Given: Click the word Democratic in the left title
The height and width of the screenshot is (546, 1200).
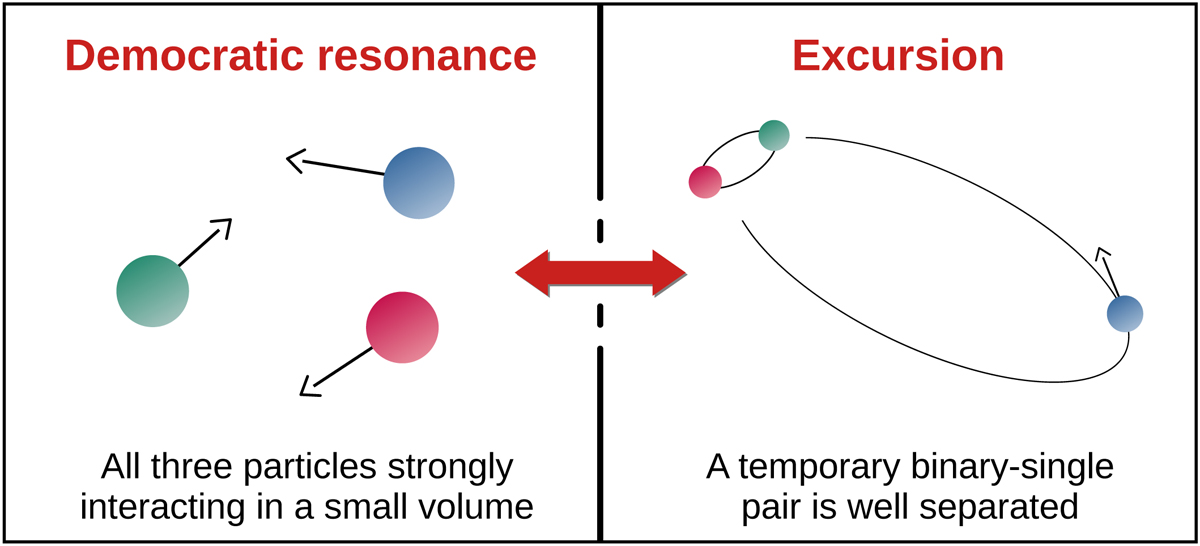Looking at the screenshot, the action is tap(184, 56).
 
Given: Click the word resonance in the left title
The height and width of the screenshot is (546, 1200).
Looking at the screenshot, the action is tap(427, 57).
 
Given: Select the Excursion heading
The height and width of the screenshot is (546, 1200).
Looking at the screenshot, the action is tap(898, 56).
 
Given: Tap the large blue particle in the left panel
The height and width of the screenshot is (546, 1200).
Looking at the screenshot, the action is tap(419, 183).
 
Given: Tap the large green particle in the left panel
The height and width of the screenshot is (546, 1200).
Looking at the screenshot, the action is tap(153, 291).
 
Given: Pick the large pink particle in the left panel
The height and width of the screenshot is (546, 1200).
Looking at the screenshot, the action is tap(402, 327).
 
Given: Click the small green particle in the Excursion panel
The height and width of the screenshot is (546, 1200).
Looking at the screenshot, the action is tap(774, 135).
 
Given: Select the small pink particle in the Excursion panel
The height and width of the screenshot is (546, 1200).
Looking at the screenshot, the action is tap(705, 182).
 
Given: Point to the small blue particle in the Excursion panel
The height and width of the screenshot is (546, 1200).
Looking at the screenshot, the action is tap(1125, 313).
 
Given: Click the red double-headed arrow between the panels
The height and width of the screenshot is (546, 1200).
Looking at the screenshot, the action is tap(601, 273).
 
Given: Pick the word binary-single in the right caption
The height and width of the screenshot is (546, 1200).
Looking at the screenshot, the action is tap(1011, 468).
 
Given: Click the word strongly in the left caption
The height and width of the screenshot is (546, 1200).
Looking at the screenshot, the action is tap(450, 468).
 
